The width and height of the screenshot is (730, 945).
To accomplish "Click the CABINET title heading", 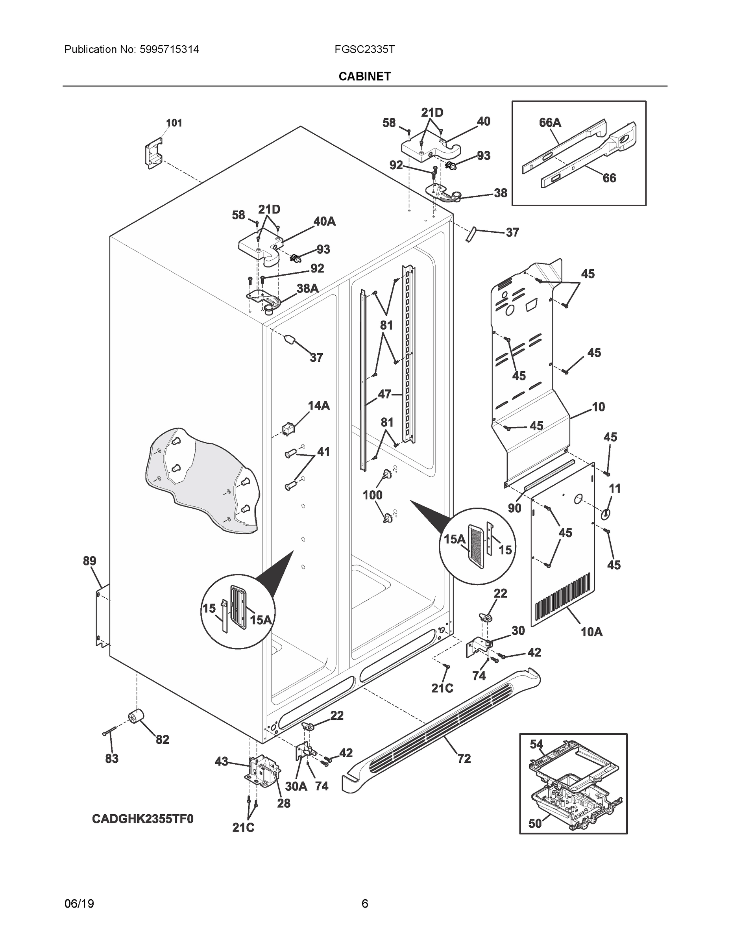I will coord(364,77).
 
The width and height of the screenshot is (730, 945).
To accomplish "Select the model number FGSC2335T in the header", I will coord(364,49).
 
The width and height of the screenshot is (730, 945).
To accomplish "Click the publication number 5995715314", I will coord(169,49).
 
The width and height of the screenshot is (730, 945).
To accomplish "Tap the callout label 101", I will coord(174,123).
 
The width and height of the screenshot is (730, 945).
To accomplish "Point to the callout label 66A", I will coord(550,123).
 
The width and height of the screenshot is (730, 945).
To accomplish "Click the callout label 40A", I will coord(324,222).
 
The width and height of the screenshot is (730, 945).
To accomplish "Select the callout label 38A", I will coord(307,289).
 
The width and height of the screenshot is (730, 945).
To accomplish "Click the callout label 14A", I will coord(319,406).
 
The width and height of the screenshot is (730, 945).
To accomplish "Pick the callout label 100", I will coord(372,495).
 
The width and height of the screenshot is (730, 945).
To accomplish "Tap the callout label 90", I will coord(514,508).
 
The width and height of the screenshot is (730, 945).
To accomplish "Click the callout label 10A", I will coord(591,632).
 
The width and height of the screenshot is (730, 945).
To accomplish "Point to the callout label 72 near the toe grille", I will coord(464,758).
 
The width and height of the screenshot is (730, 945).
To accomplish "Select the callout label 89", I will coord(89,561).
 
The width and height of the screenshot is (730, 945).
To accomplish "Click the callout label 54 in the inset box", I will coord(536,744).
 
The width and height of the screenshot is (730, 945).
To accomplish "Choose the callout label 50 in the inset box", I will coord(535,823).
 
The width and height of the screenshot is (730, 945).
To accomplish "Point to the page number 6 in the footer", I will coord(364,904).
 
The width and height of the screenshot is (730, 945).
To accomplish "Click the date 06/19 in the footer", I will coord(79,904).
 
